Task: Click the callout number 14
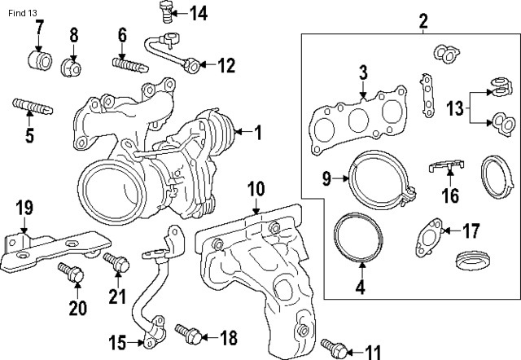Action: point(199,12)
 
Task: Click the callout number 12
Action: point(225,65)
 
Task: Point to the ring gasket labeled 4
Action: point(357,239)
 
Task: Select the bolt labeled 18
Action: point(185,333)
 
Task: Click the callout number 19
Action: point(24,207)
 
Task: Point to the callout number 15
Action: point(117,340)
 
